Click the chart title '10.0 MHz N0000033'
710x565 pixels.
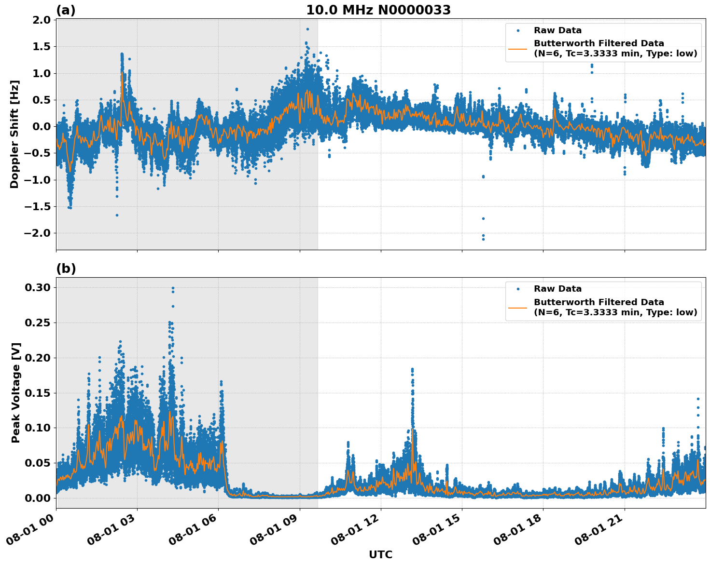tap(378, 10)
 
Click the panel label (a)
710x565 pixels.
tap(66, 10)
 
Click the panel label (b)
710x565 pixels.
tap(66, 269)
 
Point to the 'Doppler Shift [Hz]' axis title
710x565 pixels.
tap(14, 134)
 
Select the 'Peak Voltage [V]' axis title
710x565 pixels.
tap(16, 403)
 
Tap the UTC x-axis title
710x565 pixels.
tap(380, 554)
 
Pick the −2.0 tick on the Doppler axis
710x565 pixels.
tap(39, 233)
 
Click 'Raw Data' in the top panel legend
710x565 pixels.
tap(557, 31)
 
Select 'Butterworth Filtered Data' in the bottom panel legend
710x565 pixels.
tap(599, 302)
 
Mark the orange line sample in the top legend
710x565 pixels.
tap(517, 48)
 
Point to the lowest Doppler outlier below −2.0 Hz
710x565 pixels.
tap(483, 239)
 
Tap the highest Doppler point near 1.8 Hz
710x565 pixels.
tap(307, 29)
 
